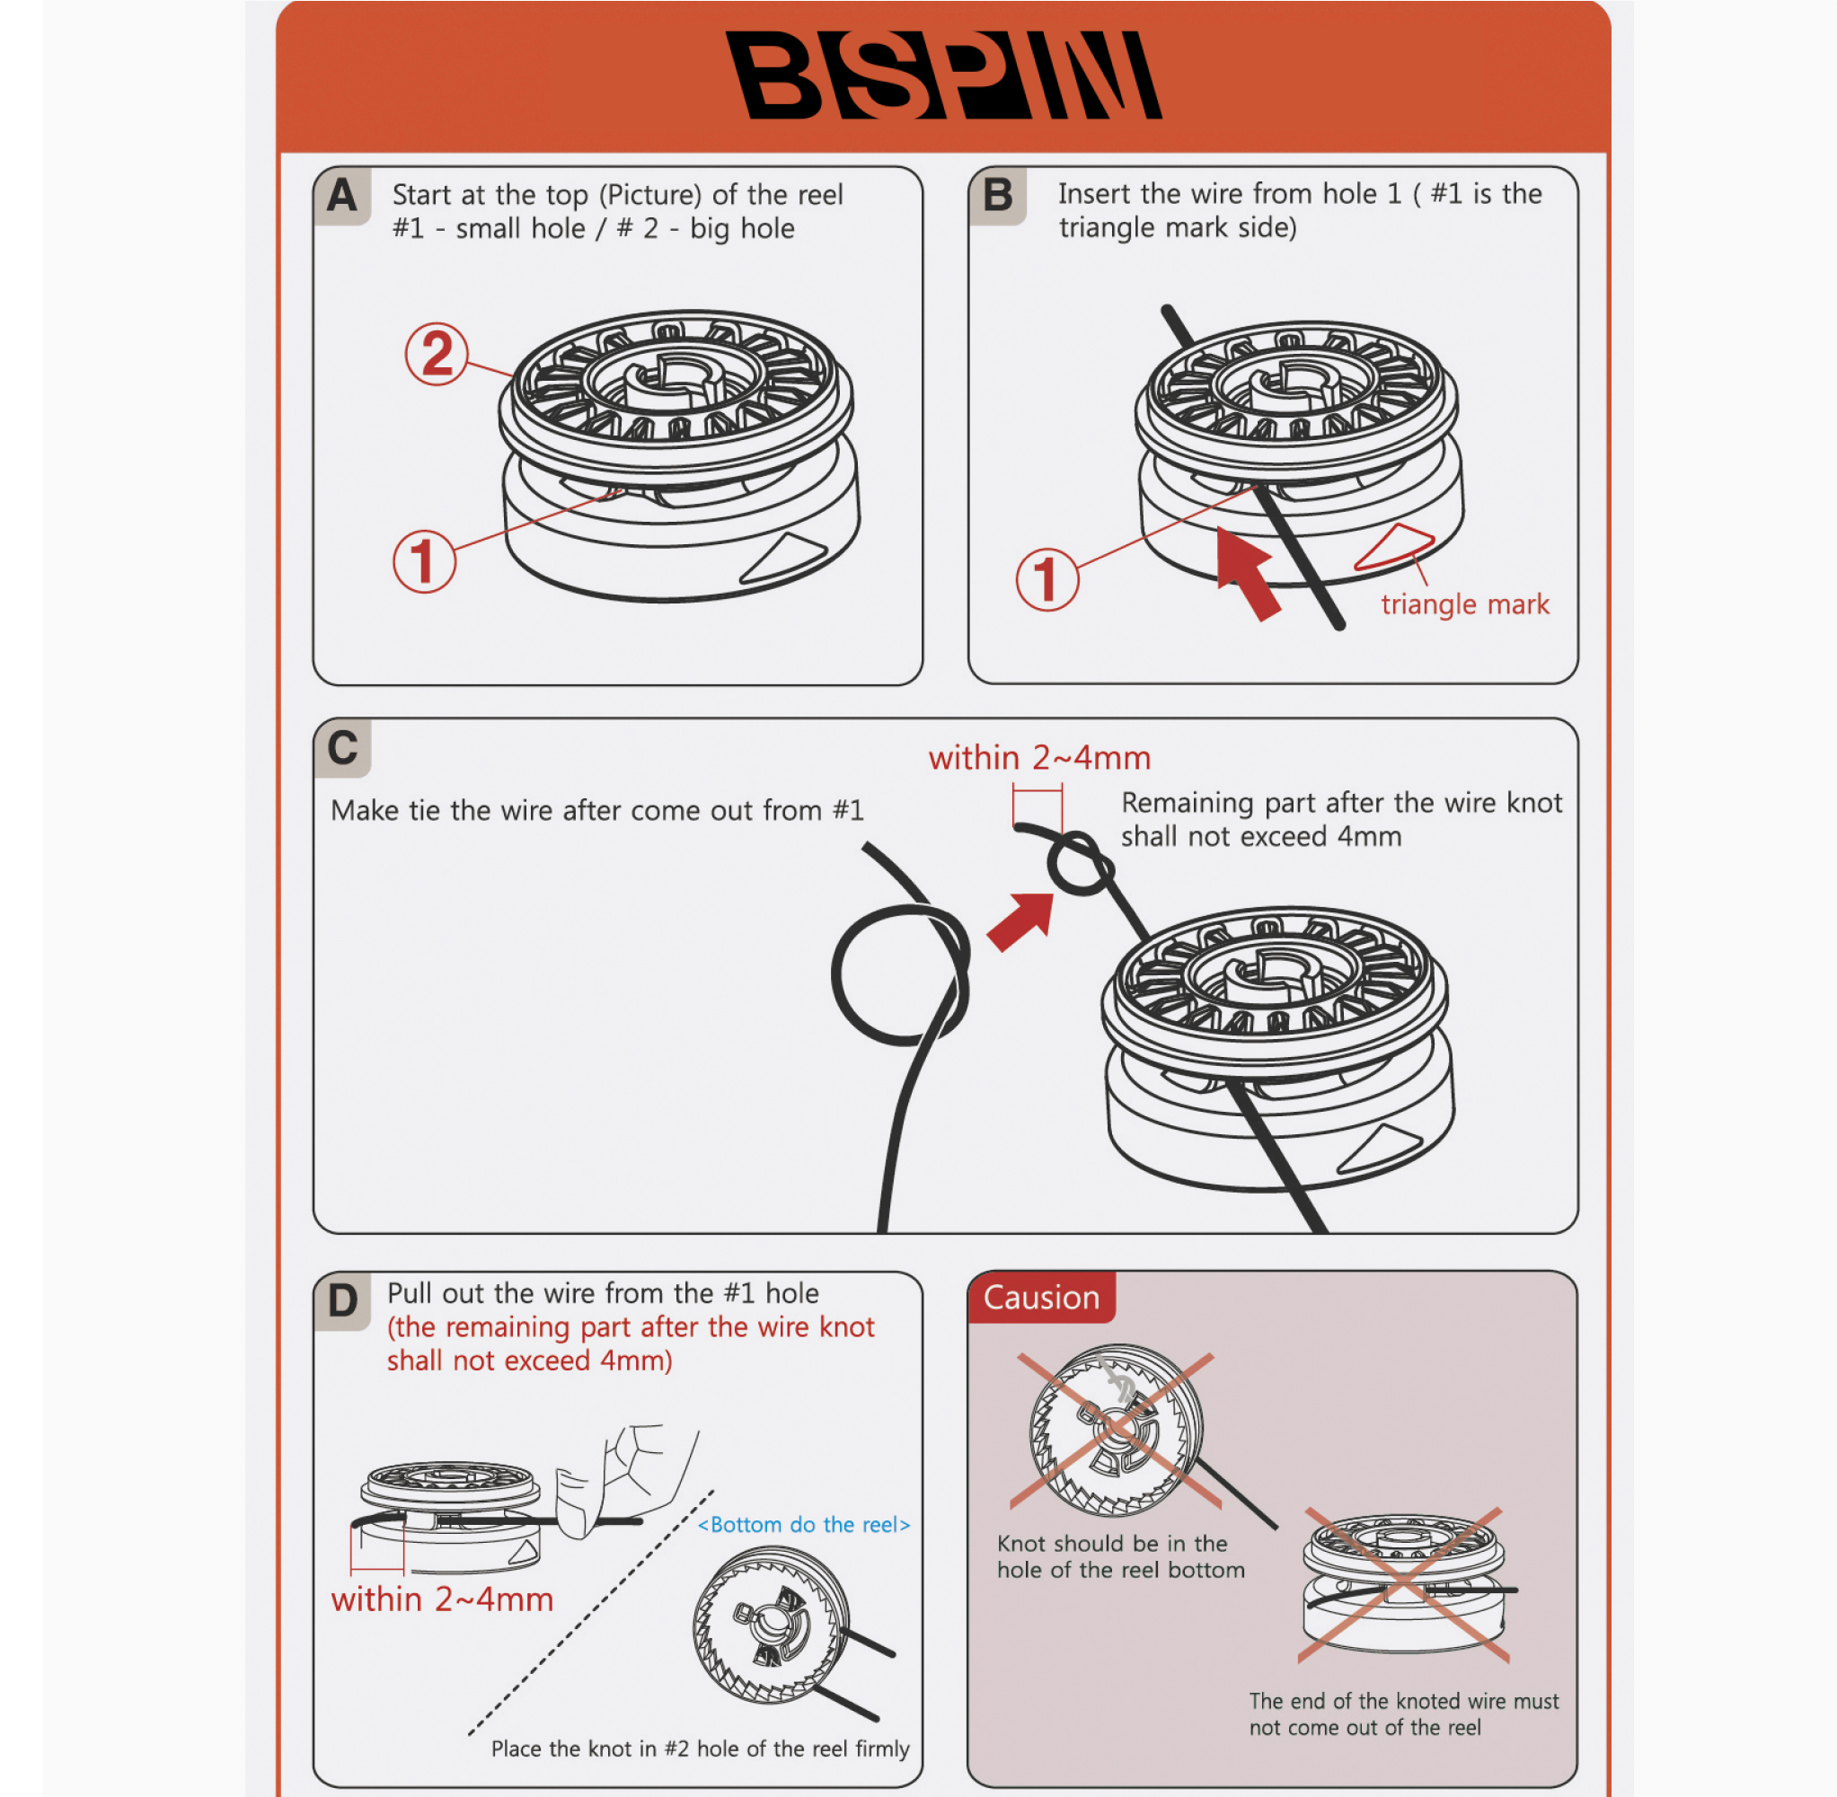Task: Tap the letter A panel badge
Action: (341, 197)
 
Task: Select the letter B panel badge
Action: (997, 196)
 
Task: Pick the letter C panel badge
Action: (341, 747)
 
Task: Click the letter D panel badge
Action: (341, 1300)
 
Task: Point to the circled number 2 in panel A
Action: (437, 354)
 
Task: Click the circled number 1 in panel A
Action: (424, 560)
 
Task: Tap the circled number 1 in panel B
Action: (1047, 578)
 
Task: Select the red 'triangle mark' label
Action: (1464, 604)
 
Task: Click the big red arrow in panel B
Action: (1246, 571)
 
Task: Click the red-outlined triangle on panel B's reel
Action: (1395, 548)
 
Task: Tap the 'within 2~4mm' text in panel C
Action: (1039, 758)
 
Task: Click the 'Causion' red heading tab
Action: (1041, 1298)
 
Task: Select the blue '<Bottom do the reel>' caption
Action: (803, 1524)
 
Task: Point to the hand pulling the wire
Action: (628, 1477)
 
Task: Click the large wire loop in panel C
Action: (899, 974)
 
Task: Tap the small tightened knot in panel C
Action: (1079, 864)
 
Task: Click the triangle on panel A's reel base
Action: (786, 556)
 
